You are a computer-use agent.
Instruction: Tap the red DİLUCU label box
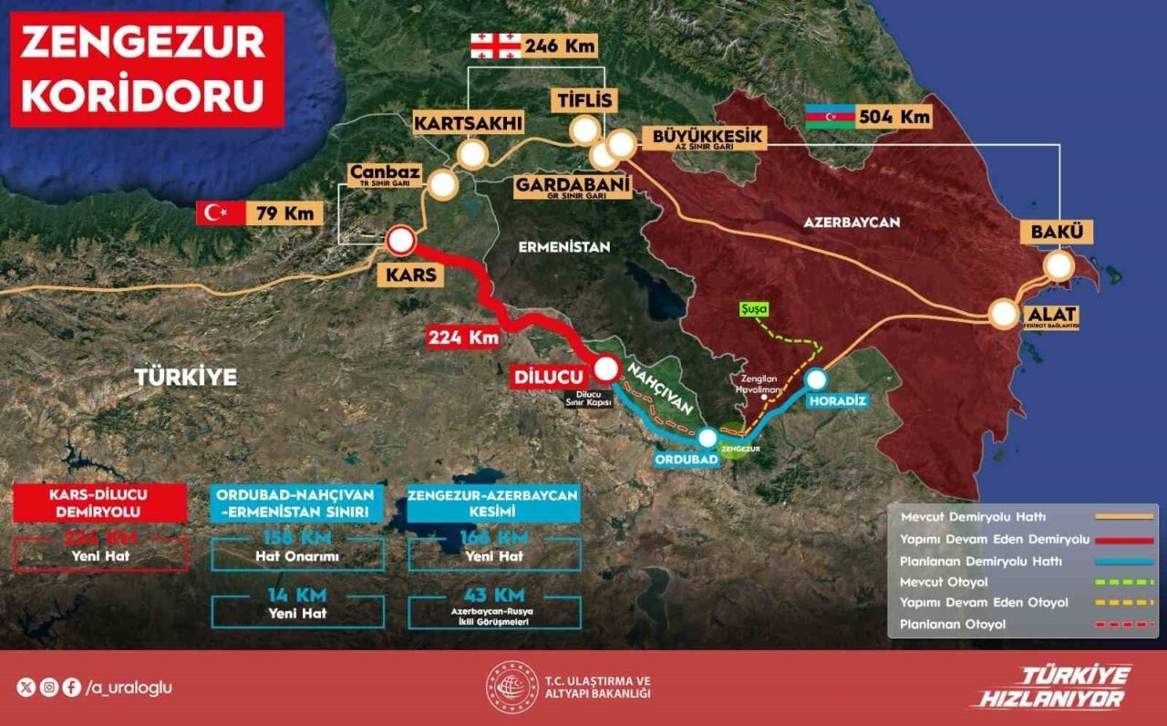(547, 376)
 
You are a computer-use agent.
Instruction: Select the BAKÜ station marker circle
(1059, 265)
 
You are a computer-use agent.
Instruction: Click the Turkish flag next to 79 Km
(220, 213)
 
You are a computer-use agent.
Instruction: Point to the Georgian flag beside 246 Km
(494, 44)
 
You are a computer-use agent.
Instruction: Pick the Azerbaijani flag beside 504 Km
(830, 117)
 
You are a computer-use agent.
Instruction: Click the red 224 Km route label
(464, 337)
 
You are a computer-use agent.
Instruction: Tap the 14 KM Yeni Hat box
(297, 604)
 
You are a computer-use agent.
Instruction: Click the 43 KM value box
(493, 607)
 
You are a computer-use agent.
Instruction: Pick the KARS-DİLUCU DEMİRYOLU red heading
(100, 503)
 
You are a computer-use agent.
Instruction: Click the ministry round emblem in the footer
(511, 687)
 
